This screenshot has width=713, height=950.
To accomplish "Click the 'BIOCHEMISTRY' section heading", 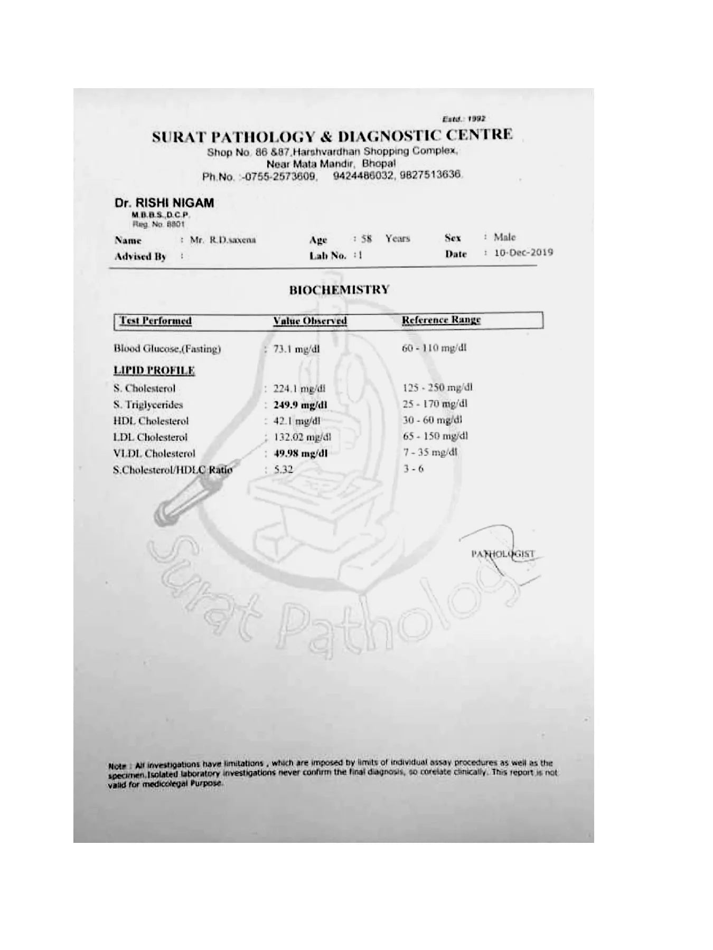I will [339, 290].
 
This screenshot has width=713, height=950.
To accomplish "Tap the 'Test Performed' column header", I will [155, 321].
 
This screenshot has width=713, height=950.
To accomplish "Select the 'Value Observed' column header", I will [310, 321].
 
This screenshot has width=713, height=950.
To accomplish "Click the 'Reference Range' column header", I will [441, 320].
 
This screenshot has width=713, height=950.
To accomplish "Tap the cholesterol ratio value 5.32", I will [283, 469].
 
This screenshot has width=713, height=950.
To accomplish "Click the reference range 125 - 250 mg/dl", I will [437, 388].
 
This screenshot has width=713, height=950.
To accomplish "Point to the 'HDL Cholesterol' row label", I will [151, 421].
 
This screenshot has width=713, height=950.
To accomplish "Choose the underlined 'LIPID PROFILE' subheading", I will [154, 370].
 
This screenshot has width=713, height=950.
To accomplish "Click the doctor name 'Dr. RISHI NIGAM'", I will [164, 203].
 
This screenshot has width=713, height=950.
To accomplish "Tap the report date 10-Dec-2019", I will [523, 252].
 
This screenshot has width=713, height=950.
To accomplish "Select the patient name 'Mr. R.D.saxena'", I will [223, 240].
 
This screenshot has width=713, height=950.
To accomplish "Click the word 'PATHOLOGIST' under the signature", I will [503, 554].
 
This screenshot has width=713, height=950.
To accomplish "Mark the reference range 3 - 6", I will [413, 469].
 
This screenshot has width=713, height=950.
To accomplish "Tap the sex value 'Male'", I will [504, 237].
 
